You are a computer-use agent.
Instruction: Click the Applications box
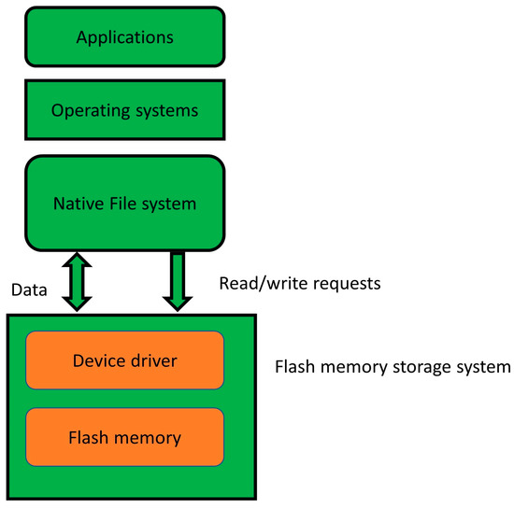[124, 38]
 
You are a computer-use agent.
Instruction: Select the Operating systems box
[124, 109]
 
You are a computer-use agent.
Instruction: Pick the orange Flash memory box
[124, 436]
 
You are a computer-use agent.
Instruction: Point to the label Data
[29, 290]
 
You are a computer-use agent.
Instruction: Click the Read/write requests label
[299, 282]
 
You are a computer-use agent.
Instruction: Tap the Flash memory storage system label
[393, 367]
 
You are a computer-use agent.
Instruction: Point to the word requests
[346, 282]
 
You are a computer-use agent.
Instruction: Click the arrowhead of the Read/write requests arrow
[177, 301]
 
